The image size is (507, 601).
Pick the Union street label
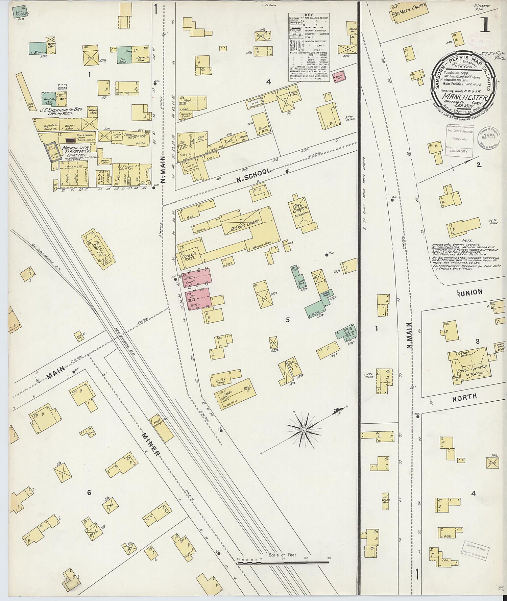[472, 292]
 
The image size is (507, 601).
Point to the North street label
[464, 397]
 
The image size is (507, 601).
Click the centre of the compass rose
[304, 430]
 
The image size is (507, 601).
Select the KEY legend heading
[309, 15]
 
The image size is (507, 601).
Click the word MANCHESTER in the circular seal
[464, 98]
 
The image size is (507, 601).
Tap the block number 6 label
[89, 493]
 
